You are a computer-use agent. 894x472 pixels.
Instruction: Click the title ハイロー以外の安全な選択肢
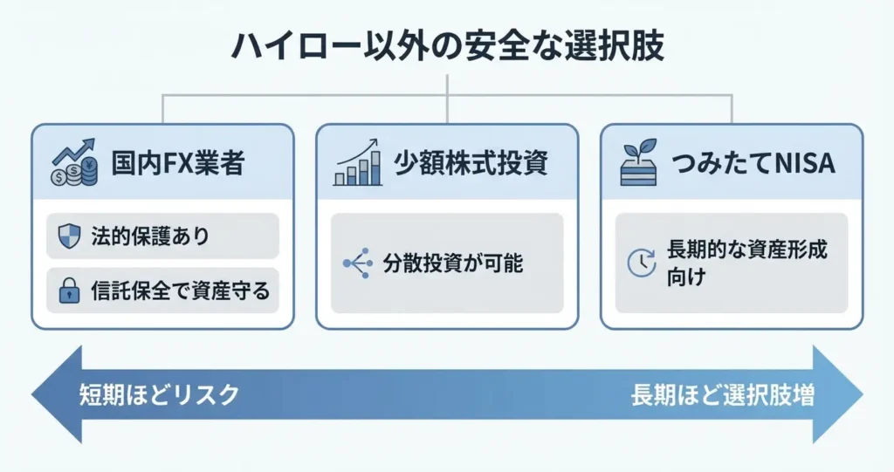point(447,47)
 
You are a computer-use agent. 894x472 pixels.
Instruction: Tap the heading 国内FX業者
point(178,163)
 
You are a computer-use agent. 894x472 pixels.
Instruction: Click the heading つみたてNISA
point(753,163)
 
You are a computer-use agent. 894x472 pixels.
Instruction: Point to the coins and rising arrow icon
point(75,162)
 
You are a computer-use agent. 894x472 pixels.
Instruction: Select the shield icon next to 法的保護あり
point(69,236)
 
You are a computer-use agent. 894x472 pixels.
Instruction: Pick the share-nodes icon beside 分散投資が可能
point(358,263)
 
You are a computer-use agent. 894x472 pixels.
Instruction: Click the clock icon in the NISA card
point(642,263)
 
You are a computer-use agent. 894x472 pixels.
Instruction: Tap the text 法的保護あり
point(150,236)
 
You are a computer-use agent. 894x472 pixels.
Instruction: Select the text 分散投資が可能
point(453,263)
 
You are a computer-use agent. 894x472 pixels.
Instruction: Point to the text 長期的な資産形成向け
point(746,263)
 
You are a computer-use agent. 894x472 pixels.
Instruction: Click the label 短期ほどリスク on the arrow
point(159,394)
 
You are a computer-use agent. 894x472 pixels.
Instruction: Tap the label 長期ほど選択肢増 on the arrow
point(723,394)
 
